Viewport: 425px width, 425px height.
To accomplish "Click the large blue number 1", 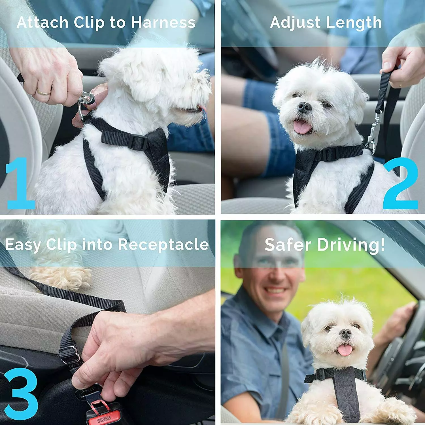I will click(20, 184).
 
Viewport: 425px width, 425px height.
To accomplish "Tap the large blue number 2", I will click(400, 184).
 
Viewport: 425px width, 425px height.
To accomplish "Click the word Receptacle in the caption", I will click(163, 244).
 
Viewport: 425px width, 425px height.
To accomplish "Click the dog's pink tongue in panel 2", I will click(302, 127).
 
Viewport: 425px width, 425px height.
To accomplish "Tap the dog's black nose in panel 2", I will click(305, 107).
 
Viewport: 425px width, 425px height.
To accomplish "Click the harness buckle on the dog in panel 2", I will click(329, 154).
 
